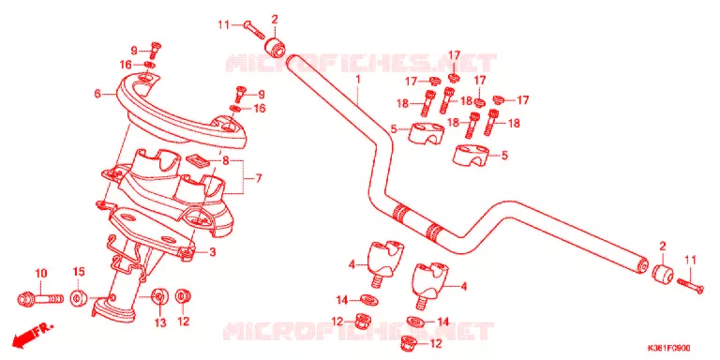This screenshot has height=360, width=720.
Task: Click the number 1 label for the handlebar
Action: pos(358,80)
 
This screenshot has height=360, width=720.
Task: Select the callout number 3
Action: pos(212,251)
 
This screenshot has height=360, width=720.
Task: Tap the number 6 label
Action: pos(97,94)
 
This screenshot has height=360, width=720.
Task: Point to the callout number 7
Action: pos(259,178)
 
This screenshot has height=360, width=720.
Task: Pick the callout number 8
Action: pos(225,161)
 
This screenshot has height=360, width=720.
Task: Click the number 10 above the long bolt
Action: pos(41,274)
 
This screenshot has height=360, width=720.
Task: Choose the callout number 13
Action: pos(159,323)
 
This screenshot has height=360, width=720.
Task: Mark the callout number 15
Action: pos(79,272)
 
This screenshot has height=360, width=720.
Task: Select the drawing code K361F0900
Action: pos(668,348)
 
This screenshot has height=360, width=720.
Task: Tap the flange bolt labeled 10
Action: pos(40,299)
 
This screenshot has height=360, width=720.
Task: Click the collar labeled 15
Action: pos(79,297)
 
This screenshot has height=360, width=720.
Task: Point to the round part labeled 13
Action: pos(159,297)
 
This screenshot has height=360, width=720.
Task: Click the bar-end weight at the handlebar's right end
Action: pos(662,274)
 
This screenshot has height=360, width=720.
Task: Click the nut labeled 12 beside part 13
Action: pos(183,296)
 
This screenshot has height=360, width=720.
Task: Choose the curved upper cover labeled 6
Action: pos(180,113)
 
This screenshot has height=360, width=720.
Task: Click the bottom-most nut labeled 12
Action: pos(410,342)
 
